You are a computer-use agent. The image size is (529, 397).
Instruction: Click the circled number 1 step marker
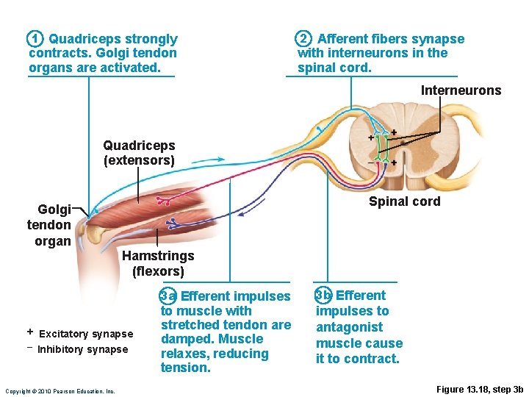(35, 39)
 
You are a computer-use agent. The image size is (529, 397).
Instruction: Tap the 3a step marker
(168, 296)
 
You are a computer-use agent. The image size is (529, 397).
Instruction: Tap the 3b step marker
(323, 296)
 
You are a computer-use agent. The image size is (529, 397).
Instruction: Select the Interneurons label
(461, 90)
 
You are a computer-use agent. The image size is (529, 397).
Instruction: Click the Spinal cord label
(404, 201)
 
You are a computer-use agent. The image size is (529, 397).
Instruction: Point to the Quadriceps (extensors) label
(139, 153)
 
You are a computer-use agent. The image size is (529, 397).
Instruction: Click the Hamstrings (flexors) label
(158, 264)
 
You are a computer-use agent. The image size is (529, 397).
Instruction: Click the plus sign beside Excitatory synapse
(30, 332)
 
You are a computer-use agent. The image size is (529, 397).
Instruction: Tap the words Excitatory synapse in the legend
(86, 334)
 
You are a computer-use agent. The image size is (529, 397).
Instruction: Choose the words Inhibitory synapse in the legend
(83, 350)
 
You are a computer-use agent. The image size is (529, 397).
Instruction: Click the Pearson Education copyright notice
(60, 391)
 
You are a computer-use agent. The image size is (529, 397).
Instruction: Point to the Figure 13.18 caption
(479, 389)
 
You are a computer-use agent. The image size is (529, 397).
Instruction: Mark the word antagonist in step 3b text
(349, 327)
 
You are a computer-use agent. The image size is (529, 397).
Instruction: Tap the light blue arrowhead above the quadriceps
(220, 157)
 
